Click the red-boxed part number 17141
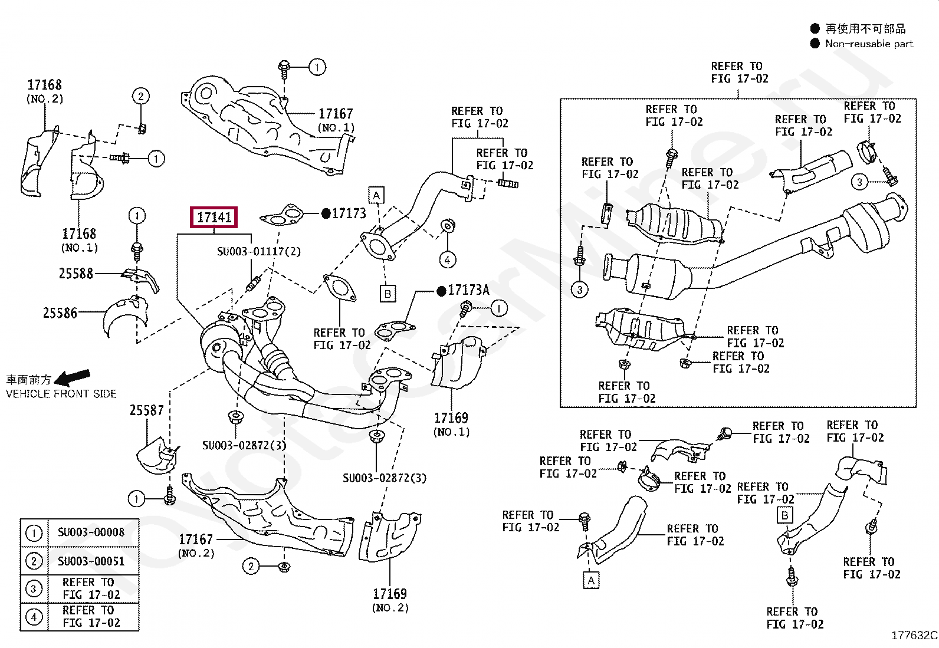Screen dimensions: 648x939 click(x=214, y=218)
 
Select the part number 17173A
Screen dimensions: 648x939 click(x=468, y=290)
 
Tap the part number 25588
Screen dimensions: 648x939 click(x=76, y=274)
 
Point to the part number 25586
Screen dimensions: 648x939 click(x=60, y=313)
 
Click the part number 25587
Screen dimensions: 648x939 click(x=146, y=410)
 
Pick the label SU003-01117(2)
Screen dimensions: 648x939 click(x=258, y=252)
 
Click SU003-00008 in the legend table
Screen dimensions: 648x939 click(x=91, y=532)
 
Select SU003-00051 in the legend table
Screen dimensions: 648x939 click(x=91, y=561)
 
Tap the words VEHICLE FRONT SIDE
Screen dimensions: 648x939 click(x=61, y=394)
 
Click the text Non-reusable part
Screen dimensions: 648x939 click(x=869, y=44)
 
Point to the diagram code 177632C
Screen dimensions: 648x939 click(x=914, y=635)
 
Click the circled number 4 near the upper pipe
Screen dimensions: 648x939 click(x=448, y=259)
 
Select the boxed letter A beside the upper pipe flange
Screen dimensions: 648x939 click(x=376, y=195)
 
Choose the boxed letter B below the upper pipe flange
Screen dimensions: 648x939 click(x=388, y=293)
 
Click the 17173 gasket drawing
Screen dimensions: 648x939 click(x=283, y=217)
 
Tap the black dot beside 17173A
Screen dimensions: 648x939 click(x=441, y=291)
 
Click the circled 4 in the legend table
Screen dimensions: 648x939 click(x=34, y=617)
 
